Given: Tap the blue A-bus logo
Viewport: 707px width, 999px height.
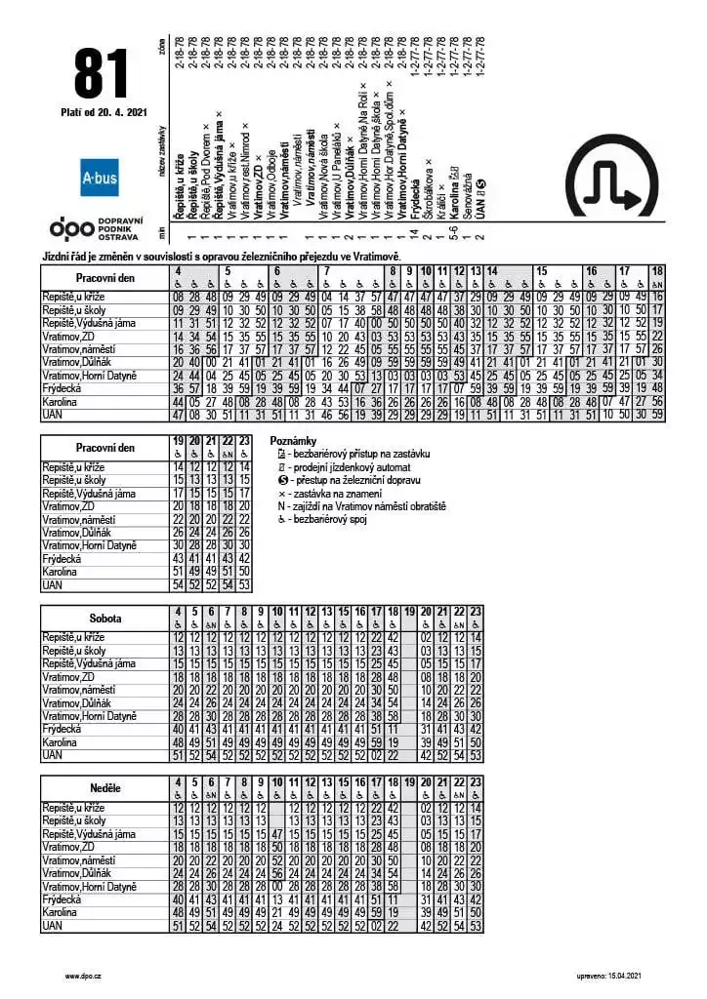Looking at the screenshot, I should (x=100, y=180).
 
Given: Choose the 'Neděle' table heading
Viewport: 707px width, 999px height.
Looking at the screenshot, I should (x=104, y=787).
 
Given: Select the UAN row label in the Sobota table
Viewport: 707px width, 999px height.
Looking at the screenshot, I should (x=53, y=755).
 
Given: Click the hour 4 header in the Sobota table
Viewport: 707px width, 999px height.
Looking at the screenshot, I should (x=178, y=612).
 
